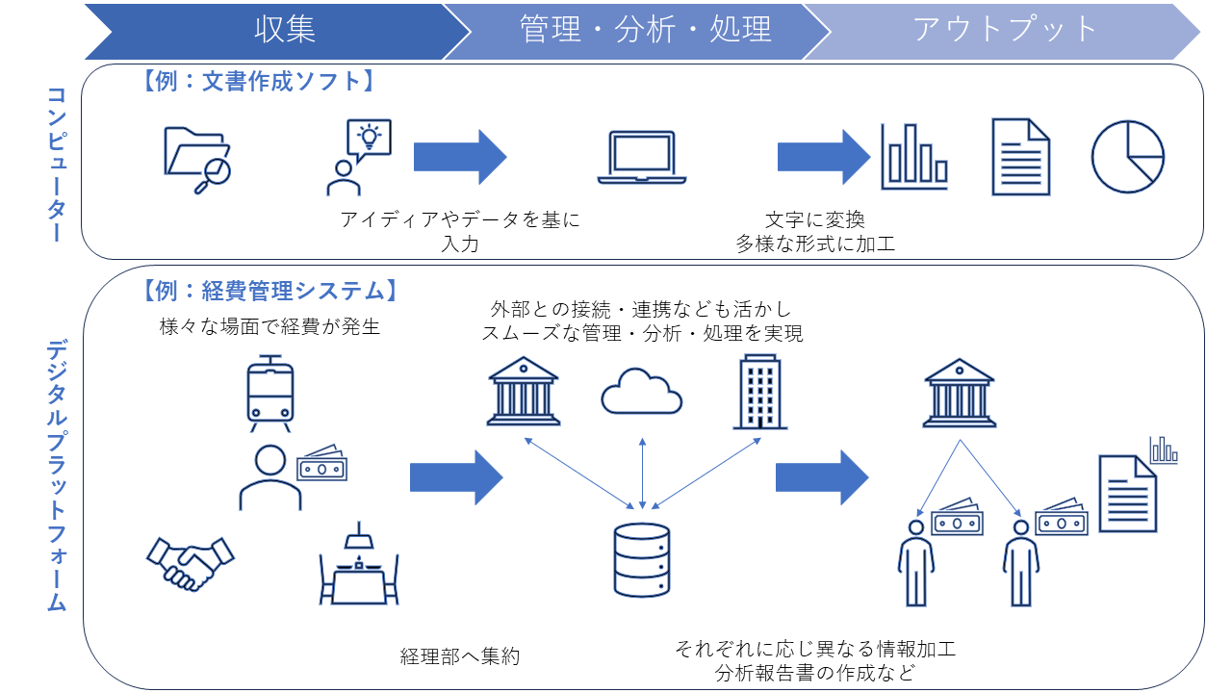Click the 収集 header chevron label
(x=285, y=30)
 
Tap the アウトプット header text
(x=1004, y=30)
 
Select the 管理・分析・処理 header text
(x=645, y=30)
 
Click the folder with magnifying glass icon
(x=197, y=160)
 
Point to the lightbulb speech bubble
(x=369, y=138)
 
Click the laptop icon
(x=642, y=157)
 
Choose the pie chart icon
(x=1128, y=157)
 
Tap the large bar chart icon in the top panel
(x=914, y=157)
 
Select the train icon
(x=270, y=394)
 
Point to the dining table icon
(x=359, y=563)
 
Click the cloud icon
(x=642, y=391)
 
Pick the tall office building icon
(x=760, y=391)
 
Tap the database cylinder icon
(x=642, y=560)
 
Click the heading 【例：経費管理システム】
(x=269, y=291)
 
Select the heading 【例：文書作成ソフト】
(x=258, y=81)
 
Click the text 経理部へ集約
(x=460, y=656)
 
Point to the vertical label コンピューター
(x=57, y=164)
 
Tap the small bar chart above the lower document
(x=1164, y=450)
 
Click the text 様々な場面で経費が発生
(x=270, y=326)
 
